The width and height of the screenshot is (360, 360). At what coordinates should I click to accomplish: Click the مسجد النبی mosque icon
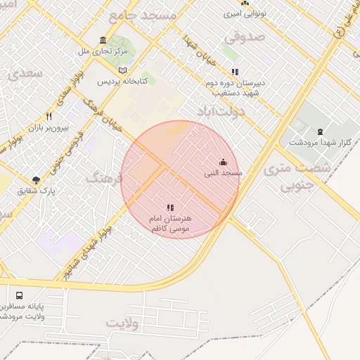coord(223,162)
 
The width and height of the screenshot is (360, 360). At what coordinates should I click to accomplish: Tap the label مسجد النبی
coord(223,172)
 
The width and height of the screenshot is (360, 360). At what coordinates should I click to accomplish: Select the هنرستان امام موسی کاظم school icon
coord(169,207)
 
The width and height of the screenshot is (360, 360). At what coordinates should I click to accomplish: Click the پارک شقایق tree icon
coord(36,181)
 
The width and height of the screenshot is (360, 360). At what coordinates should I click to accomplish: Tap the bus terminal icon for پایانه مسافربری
coord(18,297)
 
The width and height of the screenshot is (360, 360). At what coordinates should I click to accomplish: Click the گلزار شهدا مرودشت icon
coord(320,131)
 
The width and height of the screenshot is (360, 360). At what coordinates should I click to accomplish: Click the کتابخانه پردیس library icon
coord(124,71)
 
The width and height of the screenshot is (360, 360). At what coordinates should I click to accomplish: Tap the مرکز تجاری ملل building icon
coord(103,39)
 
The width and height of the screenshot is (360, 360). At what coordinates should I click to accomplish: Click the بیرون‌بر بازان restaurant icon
coord(49,116)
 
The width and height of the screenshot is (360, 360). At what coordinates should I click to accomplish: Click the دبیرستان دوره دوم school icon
coord(235,72)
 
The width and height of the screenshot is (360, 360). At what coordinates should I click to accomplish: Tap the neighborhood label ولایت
coord(124,323)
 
